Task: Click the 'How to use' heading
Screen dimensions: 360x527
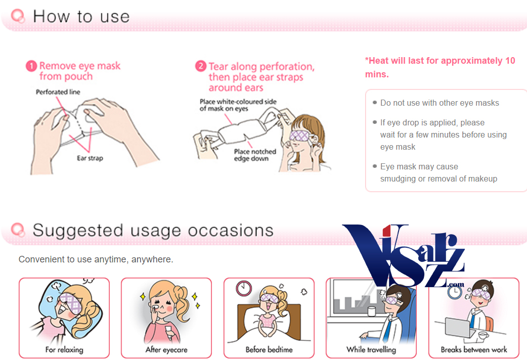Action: (81, 16)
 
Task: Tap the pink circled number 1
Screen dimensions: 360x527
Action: (31, 66)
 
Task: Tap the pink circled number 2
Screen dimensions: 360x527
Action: (201, 67)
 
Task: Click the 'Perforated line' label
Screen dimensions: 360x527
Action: (58, 92)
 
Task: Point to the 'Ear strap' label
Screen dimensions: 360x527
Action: (90, 158)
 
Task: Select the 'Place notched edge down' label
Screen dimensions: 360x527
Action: (255, 155)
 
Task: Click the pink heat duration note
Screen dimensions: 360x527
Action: (440, 67)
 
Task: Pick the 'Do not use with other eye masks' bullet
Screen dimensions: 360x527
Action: (439, 103)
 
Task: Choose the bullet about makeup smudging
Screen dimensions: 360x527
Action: (438, 172)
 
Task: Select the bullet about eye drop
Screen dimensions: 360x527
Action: (443, 134)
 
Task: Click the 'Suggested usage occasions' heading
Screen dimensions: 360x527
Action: (153, 231)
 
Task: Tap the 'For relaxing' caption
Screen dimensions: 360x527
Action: (64, 349)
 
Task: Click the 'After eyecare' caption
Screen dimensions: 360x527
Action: (166, 349)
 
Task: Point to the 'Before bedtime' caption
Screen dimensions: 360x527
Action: (269, 349)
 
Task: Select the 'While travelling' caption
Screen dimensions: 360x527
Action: (371, 349)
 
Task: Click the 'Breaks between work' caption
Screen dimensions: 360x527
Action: (474, 349)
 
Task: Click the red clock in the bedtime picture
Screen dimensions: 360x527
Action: (244, 288)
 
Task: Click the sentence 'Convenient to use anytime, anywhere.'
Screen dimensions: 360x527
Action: (96, 259)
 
